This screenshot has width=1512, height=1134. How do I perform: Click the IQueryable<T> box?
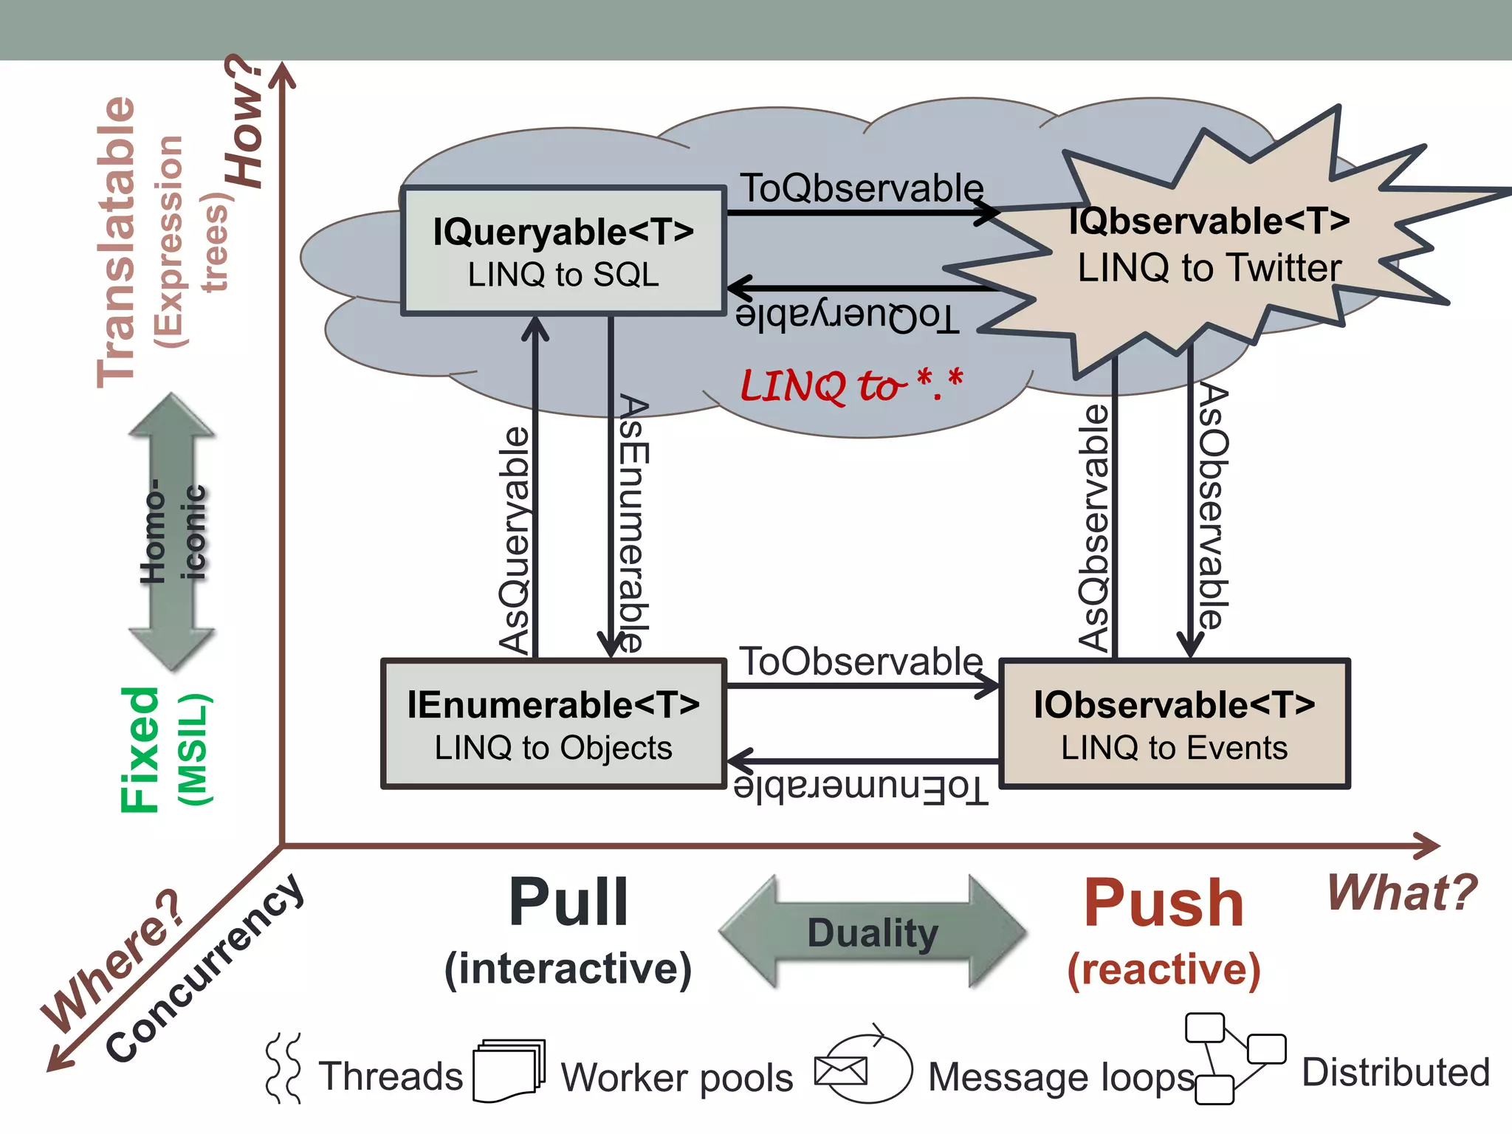pos(563,251)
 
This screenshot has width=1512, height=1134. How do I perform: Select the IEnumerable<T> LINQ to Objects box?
pos(553,724)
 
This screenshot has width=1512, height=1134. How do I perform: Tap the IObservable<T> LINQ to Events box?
pos(1174,724)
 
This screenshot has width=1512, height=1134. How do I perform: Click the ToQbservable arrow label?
pos(862,188)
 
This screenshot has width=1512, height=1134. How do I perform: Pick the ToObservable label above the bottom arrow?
pos(862,661)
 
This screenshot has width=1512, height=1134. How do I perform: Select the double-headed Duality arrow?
pos(873,932)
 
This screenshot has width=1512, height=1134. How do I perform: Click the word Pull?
pos(568,902)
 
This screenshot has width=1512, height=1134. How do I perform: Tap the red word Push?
pos(1164,904)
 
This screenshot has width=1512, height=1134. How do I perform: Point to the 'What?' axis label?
pos(1401,893)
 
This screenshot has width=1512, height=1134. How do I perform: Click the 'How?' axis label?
pos(245,123)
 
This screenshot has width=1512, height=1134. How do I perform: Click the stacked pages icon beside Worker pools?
pos(508,1071)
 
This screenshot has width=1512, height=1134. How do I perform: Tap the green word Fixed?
pos(140,749)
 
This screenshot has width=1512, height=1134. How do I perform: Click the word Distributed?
pos(1395,1072)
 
